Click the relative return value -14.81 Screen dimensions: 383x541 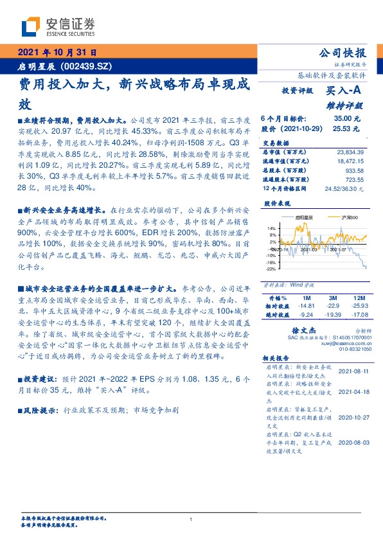(x=305, y=306)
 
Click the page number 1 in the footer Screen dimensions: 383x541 (x=191, y=519)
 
